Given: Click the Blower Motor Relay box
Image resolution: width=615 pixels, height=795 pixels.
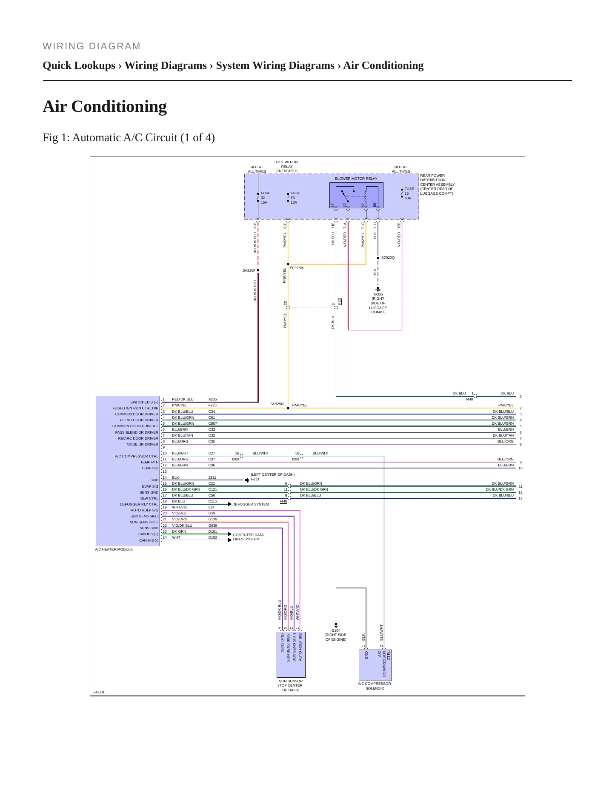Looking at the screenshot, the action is click(x=356, y=196).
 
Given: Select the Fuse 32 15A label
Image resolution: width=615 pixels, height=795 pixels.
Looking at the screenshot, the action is click(x=265, y=198).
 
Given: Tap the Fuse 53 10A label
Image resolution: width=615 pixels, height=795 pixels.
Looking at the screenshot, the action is click(x=295, y=198).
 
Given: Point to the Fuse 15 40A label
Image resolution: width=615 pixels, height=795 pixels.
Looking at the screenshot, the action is click(x=409, y=193).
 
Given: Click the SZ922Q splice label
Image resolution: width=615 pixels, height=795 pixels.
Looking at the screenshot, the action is click(x=388, y=258).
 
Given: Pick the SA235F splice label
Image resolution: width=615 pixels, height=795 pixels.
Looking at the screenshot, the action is click(x=249, y=270).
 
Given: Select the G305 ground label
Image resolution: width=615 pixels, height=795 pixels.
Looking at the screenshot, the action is click(x=378, y=303).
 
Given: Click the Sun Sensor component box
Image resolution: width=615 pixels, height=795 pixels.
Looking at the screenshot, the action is click(x=291, y=654).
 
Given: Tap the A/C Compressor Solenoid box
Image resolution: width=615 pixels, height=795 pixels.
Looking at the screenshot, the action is click(x=375, y=665).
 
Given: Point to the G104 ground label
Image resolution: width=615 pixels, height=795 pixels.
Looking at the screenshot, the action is click(x=336, y=635).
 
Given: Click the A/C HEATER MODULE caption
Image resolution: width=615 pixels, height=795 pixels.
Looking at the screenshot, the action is click(x=114, y=549).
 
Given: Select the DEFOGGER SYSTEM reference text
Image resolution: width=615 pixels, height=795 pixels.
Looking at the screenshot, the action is click(x=251, y=504).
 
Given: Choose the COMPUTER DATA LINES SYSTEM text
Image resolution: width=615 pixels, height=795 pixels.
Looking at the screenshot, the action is click(x=248, y=537).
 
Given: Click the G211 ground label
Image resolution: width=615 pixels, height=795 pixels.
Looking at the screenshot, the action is click(x=255, y=479).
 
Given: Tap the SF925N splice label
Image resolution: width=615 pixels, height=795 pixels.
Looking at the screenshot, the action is click(x=277, y=404).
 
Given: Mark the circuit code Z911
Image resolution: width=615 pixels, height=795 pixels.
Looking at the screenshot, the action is click(x=212, y=477).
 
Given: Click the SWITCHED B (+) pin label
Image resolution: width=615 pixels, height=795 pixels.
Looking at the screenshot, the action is click(x=144, y=402).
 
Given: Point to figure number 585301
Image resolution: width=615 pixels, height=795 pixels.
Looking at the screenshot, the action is click(x=99, y=692).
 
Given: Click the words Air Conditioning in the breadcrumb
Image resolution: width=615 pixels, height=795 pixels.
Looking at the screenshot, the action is click(x=383, y=65).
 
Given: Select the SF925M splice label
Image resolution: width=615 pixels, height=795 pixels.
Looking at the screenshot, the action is click(x=297, y=268).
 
